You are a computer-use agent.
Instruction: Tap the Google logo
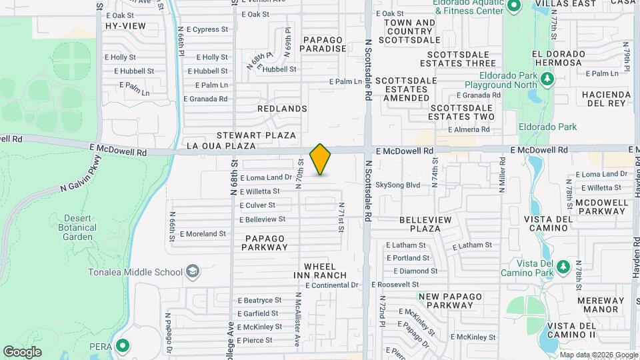click(x=22, y=351)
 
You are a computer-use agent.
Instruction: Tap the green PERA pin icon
click(x=122, y=345)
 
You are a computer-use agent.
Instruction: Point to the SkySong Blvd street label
click(x=397, y=185)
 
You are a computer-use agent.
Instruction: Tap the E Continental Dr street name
click(x=332, y=285)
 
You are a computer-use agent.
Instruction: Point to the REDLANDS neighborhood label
click(x=282, y=109)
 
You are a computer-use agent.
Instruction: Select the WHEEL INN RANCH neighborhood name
click(x=320, y=271)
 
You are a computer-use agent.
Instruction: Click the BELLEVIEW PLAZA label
click(x=425, y=224)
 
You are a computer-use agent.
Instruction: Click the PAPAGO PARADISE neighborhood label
click(x=325, y=44)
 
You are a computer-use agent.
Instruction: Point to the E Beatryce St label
click(x=259, y=301)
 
